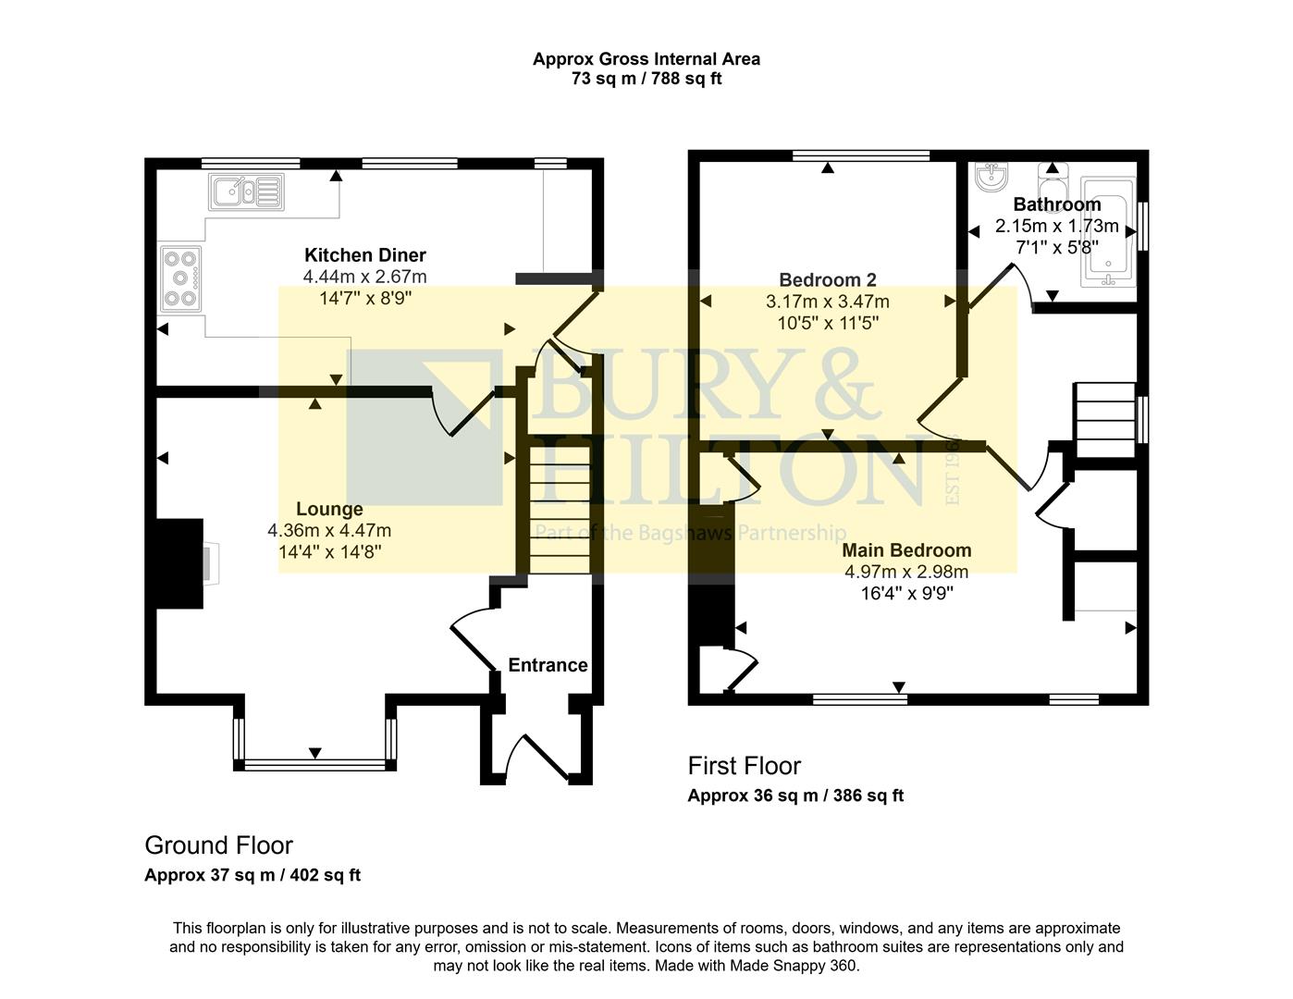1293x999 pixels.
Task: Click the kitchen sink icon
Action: (x=246, y=192)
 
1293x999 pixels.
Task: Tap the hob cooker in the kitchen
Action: (x=181, y=277)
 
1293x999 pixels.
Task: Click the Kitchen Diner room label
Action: (x=365, y=255)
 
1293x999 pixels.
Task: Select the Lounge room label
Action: (x=329, y=509)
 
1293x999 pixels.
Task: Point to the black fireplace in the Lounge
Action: (x=179, y=562)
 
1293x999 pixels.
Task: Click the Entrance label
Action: (x=548, y=665)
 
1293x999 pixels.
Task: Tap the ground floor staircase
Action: (x=560, y=509)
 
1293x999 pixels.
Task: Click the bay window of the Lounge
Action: (x=315, y=764)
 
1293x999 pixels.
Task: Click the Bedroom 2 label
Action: (x=827, y=279)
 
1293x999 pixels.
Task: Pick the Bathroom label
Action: (x=1056, y=204)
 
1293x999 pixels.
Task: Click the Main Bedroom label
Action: (x=906, y=550)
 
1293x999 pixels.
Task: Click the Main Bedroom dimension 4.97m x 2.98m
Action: (x=906, y=572)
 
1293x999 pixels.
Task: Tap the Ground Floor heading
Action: (x=218, y=845)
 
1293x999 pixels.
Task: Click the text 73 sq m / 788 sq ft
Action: (x=646, y=79)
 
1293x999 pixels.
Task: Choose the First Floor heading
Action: (x=744, y=766)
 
